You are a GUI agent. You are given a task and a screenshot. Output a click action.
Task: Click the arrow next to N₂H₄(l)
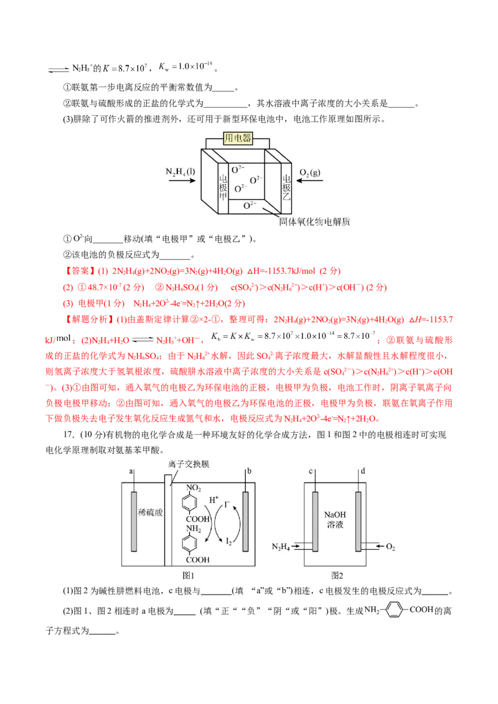[x=181, y=181]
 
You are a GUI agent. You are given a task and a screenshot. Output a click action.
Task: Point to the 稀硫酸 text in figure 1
[x=149, y=512]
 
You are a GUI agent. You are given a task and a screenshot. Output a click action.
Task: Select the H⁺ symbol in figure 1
[x=214, y=499]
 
